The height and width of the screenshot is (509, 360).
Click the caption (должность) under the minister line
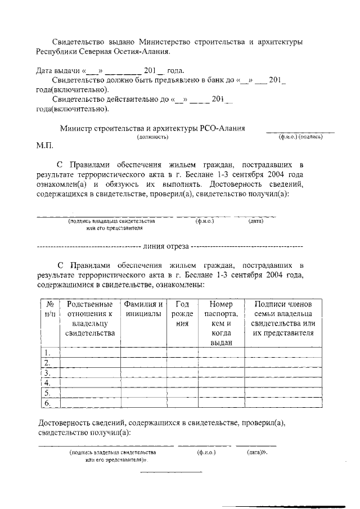154,137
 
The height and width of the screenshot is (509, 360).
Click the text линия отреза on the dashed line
166,246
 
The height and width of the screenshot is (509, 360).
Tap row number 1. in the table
48,353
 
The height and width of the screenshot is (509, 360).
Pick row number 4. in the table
48,383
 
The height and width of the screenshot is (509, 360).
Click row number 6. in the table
48,403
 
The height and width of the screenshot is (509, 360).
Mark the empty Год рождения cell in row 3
182,373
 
